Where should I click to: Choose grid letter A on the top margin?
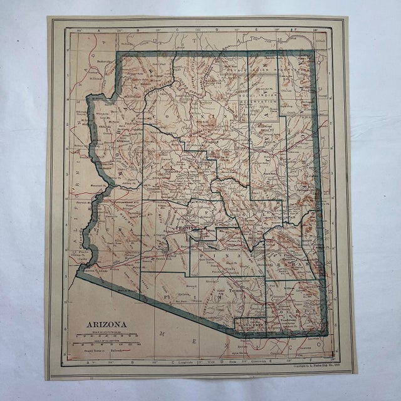tap(97, 29)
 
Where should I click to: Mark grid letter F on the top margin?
tap(296, 29)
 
